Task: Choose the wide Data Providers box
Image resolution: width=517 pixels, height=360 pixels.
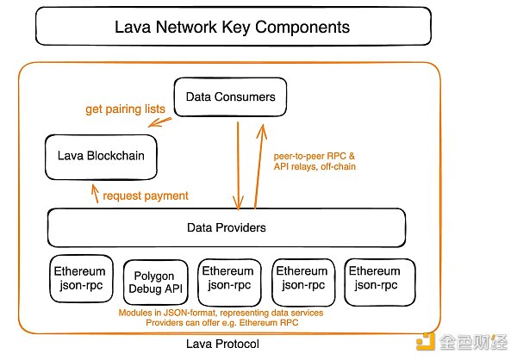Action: [x=226, y=228]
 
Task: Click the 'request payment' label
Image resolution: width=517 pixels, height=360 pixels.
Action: [x=146, y=196]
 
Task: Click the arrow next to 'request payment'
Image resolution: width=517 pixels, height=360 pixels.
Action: [x=94, y=194]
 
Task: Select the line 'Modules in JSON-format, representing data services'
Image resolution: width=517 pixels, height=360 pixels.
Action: [x=221, y=313]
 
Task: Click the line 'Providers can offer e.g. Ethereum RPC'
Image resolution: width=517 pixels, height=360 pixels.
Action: [x=221, y=324]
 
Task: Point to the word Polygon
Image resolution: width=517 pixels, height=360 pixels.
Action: [x=156, y=271]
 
